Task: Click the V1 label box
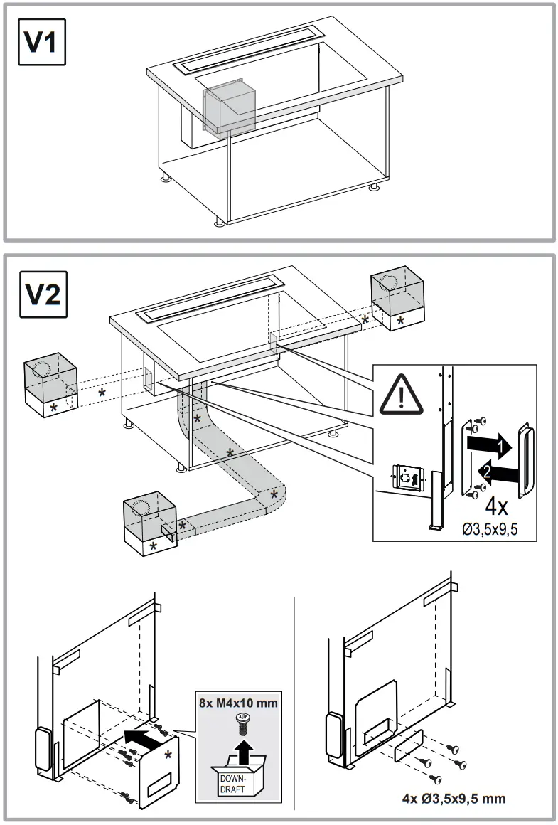(41, 42)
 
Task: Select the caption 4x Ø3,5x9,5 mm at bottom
(454, 798)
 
